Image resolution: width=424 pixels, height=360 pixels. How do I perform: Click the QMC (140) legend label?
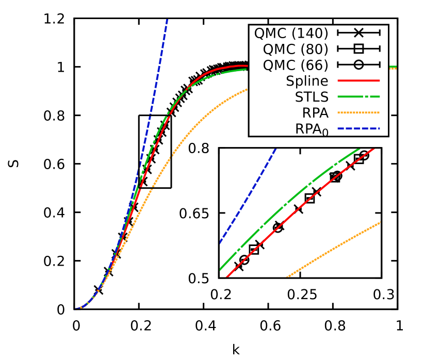(x=291, y=34)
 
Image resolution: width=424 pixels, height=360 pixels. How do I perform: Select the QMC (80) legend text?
(x=295, y=50)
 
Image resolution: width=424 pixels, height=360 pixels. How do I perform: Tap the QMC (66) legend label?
(x=295, y=66)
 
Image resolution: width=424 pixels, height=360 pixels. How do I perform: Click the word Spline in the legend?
(x=307, y=81)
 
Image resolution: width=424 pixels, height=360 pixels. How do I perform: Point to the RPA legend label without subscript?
(x=316, y=113)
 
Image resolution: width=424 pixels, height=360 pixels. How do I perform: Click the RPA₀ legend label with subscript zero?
(x=312, y=129)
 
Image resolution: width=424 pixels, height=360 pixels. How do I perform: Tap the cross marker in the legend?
(x=358, y=33)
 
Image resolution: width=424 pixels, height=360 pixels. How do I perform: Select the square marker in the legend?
(x=358, y=49)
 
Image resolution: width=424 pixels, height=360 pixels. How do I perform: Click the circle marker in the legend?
(x=358, y=65)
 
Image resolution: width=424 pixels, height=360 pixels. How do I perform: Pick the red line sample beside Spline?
(x=358, y=81)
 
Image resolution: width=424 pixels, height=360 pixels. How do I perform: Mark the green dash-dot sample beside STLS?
(x=358, y=96)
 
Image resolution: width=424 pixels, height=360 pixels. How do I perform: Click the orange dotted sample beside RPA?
(x=358, y=112)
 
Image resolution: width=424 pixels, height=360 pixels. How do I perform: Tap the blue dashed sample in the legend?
(x=358, y=128)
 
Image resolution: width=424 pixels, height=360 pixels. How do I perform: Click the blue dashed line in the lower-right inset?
(x=248, y=195)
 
